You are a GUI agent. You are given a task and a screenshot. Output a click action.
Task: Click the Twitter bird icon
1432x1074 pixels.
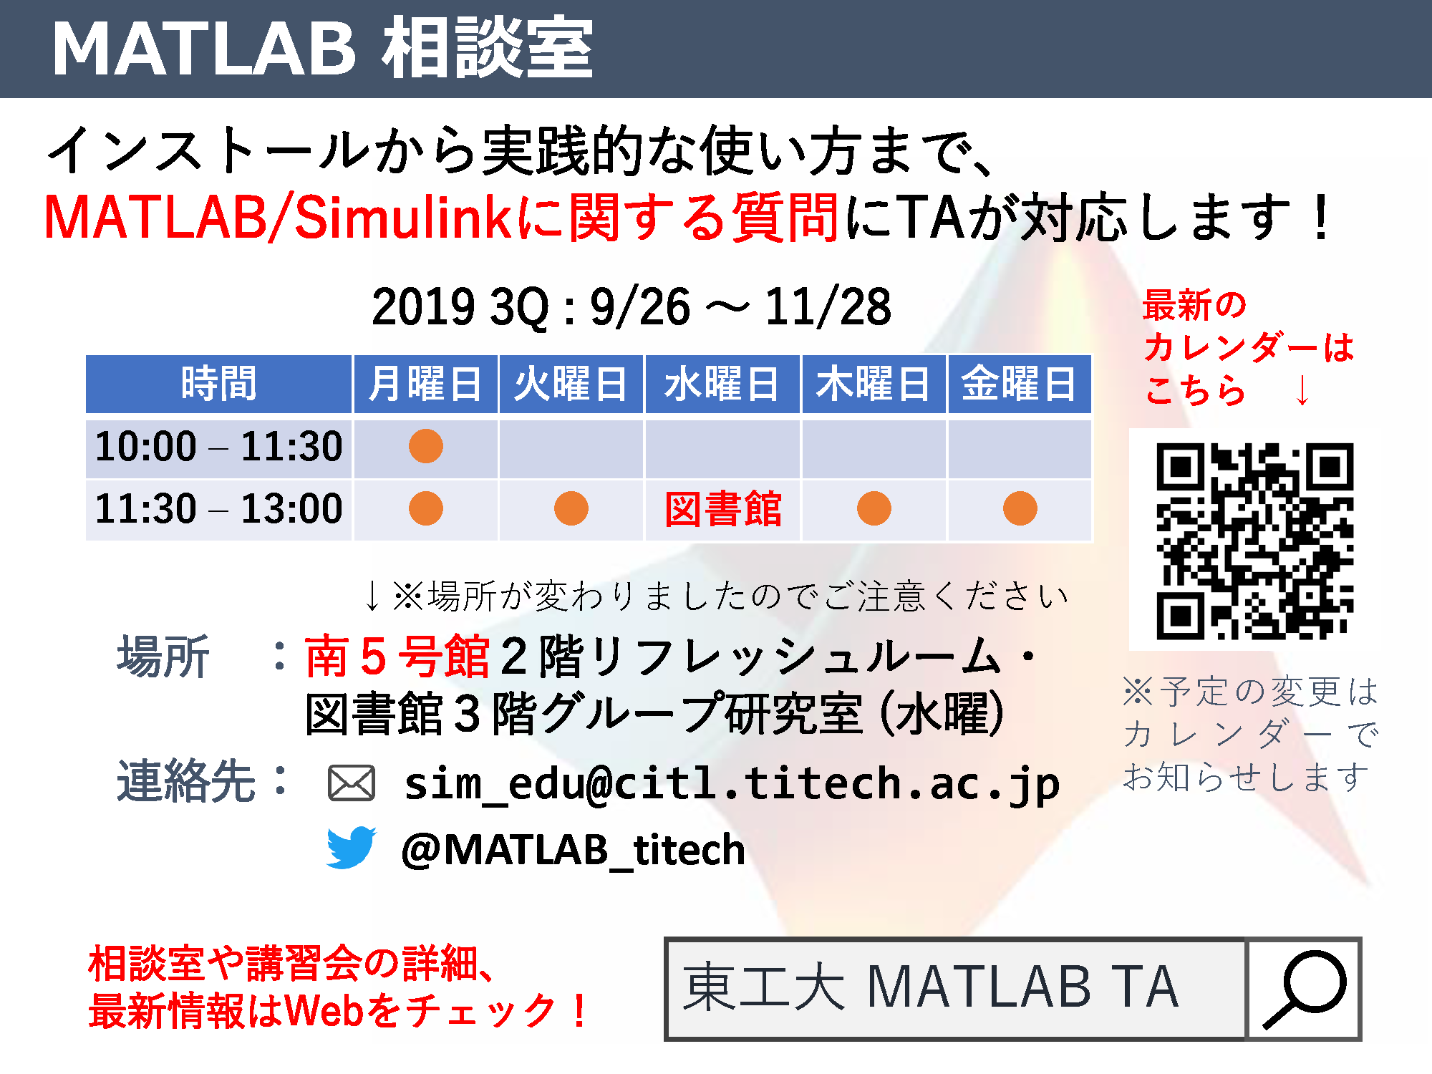pyautogui.click(x=351, y=848)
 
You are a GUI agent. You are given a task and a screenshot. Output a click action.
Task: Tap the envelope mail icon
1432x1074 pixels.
pyautogui.click(x=351, y=783)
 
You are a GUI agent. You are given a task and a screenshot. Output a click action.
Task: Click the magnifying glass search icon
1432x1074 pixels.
pyautogui.click(x=1304, y=988)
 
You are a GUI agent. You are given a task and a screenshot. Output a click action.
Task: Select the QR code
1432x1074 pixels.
pyautogui.click(x=1254, y=541)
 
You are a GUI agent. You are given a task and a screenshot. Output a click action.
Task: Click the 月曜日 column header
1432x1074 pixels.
pyautogui.click(x=425, y=384)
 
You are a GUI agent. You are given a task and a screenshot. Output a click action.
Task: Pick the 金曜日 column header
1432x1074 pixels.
pyautogui.click(x=1019, y=384)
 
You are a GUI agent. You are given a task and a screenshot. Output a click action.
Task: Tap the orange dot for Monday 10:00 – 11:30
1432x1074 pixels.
pyautogui.click(x=426, y=446)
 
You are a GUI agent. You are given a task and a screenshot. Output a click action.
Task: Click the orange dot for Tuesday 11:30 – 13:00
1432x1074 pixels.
pyautogui.click(x=571, y=508)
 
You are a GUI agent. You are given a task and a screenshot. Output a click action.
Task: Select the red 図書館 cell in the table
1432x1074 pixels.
pyautogui.click(x=722, y=509)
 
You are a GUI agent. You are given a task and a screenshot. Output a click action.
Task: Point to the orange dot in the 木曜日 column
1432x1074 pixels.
pyautogui.click(x=874, y=508)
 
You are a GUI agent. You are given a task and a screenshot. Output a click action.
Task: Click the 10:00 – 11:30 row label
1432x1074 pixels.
pyautogui.click(x=218, y=447)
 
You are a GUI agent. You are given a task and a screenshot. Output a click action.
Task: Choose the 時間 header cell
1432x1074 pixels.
pyautogui.click(x=218, y=384)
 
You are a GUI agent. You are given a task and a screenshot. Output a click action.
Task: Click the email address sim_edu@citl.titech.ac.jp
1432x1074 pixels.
pyautogui.click(x=732, y=784)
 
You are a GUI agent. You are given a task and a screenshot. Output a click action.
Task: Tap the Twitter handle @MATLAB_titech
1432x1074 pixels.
pyautogui.click(x=573, y=850)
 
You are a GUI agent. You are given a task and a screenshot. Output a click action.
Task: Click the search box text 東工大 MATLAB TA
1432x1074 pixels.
pyautogui.click(x=930, y=987)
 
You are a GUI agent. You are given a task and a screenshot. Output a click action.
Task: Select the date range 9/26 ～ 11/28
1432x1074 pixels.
pyautogui.click(x=740, y=307)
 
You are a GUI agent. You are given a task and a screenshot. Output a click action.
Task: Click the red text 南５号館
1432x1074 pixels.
pyautogui.click(x=397, y=656)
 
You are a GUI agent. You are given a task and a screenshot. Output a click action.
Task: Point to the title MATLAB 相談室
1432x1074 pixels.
pyautogui.click(x=323, y=49)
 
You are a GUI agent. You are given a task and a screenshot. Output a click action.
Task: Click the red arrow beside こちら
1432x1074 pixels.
pyautogui.click(x=1303, y=391)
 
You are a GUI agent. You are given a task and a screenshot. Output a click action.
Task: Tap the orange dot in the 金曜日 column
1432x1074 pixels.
pyautogui.click(x=1020, y=508)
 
